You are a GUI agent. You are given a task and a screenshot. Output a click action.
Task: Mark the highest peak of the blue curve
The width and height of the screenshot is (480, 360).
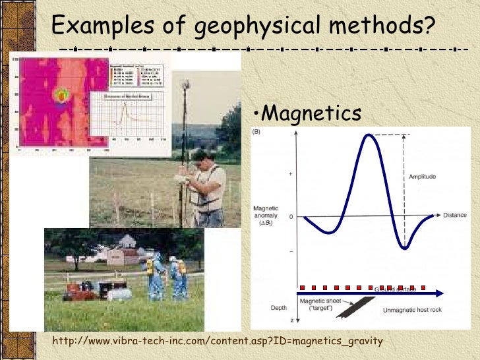(x=371, y=135)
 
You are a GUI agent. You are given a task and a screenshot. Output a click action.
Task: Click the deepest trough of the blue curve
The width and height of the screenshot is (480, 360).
(x=405, y=248)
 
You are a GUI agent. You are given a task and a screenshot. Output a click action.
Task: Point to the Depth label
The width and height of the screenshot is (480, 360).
(x=279, y=307)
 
